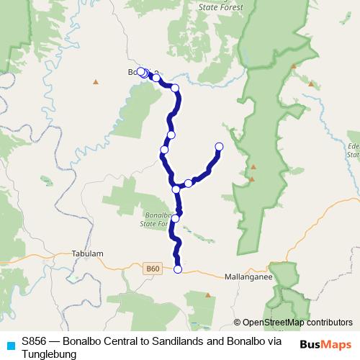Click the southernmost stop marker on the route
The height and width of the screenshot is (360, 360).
tap(178, 270)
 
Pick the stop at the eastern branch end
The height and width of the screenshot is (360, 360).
tap(219, 147)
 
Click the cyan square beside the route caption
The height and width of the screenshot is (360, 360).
tap(9, 344)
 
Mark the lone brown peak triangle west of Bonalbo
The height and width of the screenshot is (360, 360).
tap(95, 81)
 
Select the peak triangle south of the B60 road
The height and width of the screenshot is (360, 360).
tap(207, 294)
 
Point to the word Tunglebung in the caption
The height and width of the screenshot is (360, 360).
tap(48, 354)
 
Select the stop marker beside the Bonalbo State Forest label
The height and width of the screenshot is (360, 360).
tap(176, 218)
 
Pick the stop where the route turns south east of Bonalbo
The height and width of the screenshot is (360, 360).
tap(175, 88)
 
